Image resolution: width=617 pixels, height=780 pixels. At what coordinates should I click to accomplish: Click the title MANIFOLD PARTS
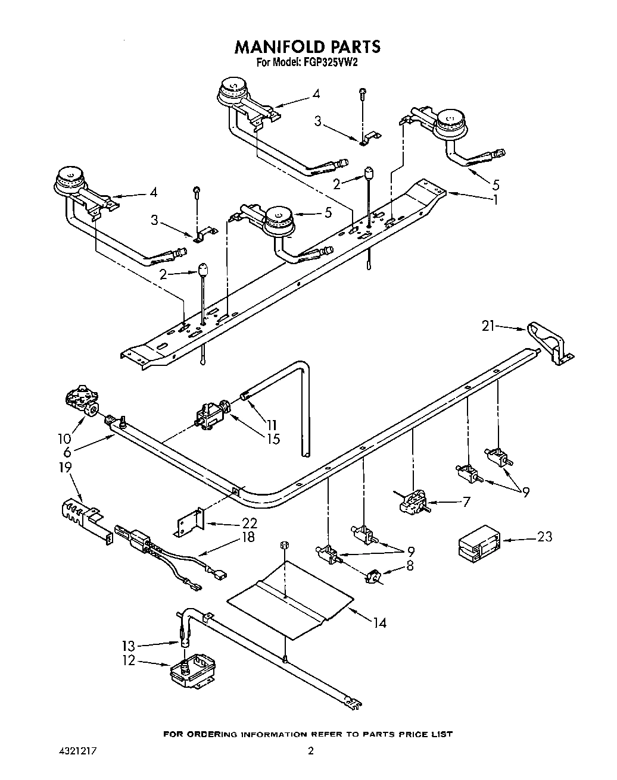pyautogui.click(x=308, y=46)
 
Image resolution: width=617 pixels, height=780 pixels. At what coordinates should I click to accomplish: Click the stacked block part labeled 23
pyautogui.click(x=480, y=542)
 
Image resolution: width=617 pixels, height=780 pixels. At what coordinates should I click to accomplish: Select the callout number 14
pyautogui.click(x=379, y=622)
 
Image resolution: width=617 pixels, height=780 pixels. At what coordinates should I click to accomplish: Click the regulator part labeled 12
pyautogui.click(x=192, y=672)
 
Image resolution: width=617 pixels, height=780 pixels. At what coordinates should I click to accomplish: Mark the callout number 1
pyautogui.click(x=495, y=200)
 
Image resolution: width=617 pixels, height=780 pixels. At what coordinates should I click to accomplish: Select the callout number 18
pyautogui.click(x=248, y=538)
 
